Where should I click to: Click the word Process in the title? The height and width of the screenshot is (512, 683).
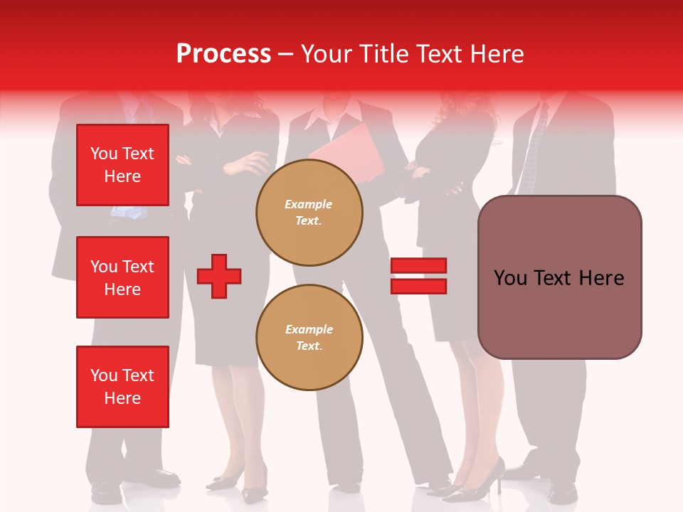223,54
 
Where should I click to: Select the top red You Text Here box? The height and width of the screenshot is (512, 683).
122,165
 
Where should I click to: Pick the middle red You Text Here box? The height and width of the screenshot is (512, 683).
122,277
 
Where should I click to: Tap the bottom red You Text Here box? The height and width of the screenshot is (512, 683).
122,387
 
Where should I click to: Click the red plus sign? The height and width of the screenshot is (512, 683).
219,276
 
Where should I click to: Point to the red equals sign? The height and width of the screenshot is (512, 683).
418,276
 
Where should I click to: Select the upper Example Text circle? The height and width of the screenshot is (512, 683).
309,212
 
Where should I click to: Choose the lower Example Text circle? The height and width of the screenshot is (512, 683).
309,337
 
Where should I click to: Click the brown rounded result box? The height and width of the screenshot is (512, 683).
559,277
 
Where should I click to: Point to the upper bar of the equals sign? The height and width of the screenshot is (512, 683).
418,266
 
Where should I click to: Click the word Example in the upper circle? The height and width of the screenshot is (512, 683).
309,204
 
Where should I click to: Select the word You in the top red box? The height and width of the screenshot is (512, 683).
104,154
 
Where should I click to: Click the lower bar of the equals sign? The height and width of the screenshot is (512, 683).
418,286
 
